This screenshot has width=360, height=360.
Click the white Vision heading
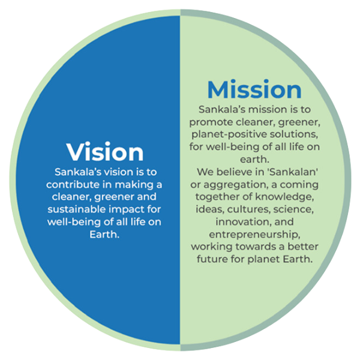[x=105, y=152]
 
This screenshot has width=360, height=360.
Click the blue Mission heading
[x=254, y=89]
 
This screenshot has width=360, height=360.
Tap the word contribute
[x=73, y=185]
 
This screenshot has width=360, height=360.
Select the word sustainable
[x=76, y=209]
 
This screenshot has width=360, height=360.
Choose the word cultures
[x=249, y=209]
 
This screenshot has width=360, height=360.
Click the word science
[x=293, y=209]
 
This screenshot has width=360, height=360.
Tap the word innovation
[x=244, y=222]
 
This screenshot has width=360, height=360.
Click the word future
[x=212, y=259]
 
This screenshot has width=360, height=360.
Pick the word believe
[x=234, y=172]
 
